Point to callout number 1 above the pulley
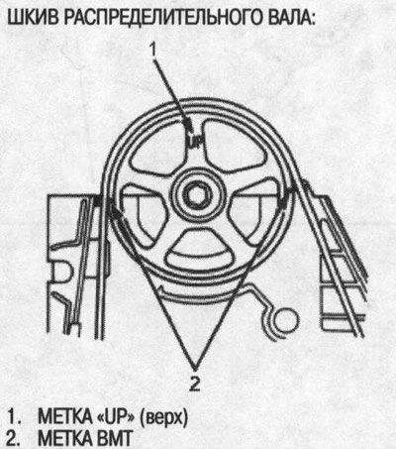152,50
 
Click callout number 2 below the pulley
195,384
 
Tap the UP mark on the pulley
195,142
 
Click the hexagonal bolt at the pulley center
197,198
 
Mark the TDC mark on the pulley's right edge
283,198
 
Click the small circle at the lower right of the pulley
286,320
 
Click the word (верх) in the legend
163,418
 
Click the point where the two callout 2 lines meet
195,368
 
